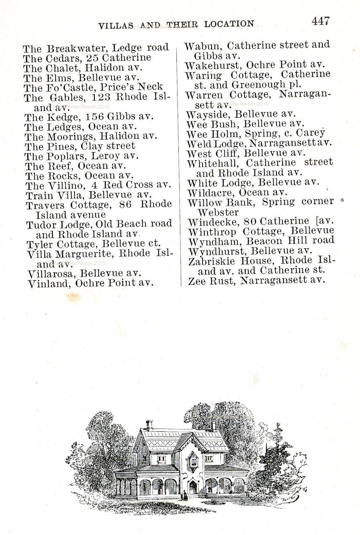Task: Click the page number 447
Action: click(321, 21)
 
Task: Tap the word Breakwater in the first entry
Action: click(77, 48)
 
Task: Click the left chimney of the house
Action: click(150, 425)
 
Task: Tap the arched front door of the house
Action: click(193, 488)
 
